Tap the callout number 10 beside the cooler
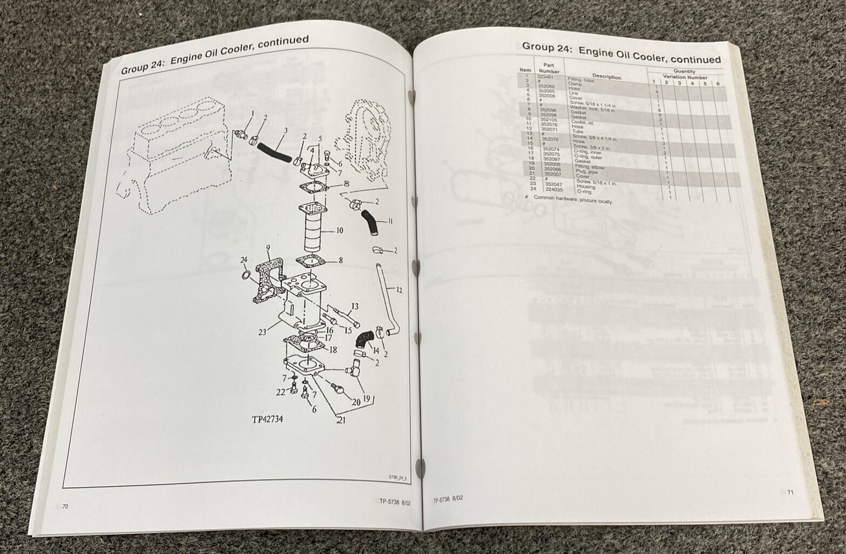(x=339, y=231)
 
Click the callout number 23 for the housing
(x=262, y=332)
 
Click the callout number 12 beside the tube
(x=398, y=290)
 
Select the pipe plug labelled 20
(x=338, y=388)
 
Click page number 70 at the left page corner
(x=66, y=507)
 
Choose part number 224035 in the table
(x=553, y=190)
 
